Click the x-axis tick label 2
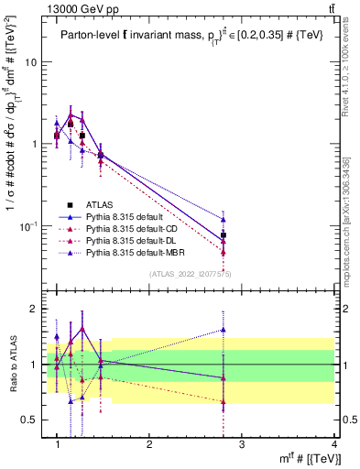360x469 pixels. (149, 443)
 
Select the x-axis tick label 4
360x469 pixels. (334, 443)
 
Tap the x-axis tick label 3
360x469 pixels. (242, 443)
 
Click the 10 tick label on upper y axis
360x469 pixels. (31, 62)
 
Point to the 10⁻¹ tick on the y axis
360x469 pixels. (28, 225)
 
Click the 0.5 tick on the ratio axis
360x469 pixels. (29, 420)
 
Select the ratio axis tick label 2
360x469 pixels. (34, 310)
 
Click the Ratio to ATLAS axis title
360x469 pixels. (11, 364)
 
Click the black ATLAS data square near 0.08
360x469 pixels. (224, 235)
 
